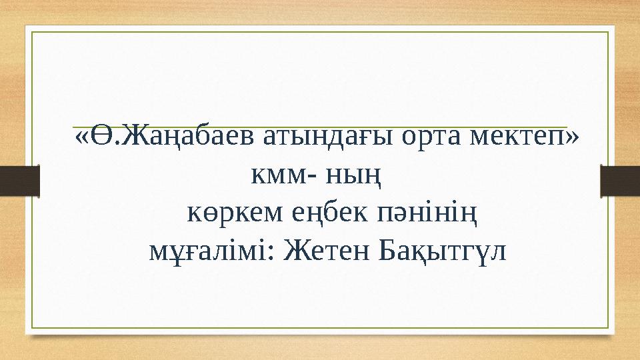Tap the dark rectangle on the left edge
tap(20, 179)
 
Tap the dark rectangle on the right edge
tap(620, 179)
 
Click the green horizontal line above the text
tap(320, 127)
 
